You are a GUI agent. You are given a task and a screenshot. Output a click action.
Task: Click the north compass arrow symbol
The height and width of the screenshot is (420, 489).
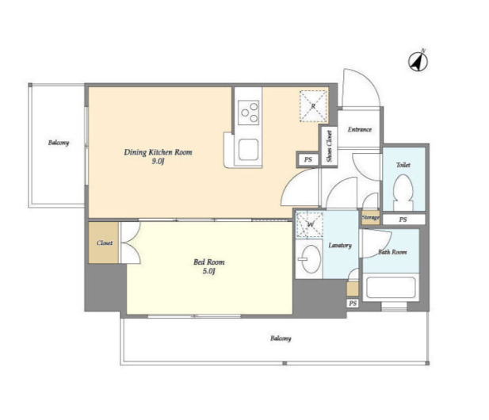[x=418, y=61]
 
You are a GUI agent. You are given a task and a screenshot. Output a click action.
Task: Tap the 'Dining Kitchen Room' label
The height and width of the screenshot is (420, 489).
[x=159, y=152]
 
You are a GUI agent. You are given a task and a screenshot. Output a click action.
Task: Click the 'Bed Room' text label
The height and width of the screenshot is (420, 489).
[x=208, y=262]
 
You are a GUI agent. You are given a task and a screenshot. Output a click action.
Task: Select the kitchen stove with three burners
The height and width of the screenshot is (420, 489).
[x=249, y=113]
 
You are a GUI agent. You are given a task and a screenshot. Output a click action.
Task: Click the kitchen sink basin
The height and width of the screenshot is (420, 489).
[x=249, y=150]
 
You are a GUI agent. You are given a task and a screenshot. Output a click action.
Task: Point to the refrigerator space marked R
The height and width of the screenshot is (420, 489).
[x=313, y=106]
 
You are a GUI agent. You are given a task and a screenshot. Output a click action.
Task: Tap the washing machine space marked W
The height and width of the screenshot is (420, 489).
[x=309, y=225]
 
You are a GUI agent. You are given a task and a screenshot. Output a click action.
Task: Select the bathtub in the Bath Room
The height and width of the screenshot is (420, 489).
[x=391, y=288]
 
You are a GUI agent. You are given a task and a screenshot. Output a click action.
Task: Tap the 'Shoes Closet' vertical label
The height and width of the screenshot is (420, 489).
[x=329, y=147]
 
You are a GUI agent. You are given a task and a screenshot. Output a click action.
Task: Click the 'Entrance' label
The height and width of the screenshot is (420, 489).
[x=360, y=129]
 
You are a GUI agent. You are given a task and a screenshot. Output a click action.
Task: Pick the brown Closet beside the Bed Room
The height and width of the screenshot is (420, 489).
[x=104, y=242]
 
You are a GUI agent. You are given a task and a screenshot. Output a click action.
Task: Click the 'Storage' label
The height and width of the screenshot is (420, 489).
[x=370, y=217]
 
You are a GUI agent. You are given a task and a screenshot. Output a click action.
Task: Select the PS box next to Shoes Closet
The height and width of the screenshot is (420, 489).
[x=308, y=159]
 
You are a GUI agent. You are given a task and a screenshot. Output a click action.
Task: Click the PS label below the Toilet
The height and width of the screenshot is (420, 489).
[x=403, y=220]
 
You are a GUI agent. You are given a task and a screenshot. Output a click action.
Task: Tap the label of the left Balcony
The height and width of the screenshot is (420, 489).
[x=59, y=143]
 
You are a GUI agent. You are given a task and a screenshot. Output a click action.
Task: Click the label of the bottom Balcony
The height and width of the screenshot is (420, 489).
[x=281, y=338]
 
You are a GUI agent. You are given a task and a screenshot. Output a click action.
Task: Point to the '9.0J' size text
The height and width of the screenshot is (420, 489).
[x=159, y=162]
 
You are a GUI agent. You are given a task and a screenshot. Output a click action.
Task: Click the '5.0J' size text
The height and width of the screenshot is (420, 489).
[x=208, y=271]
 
